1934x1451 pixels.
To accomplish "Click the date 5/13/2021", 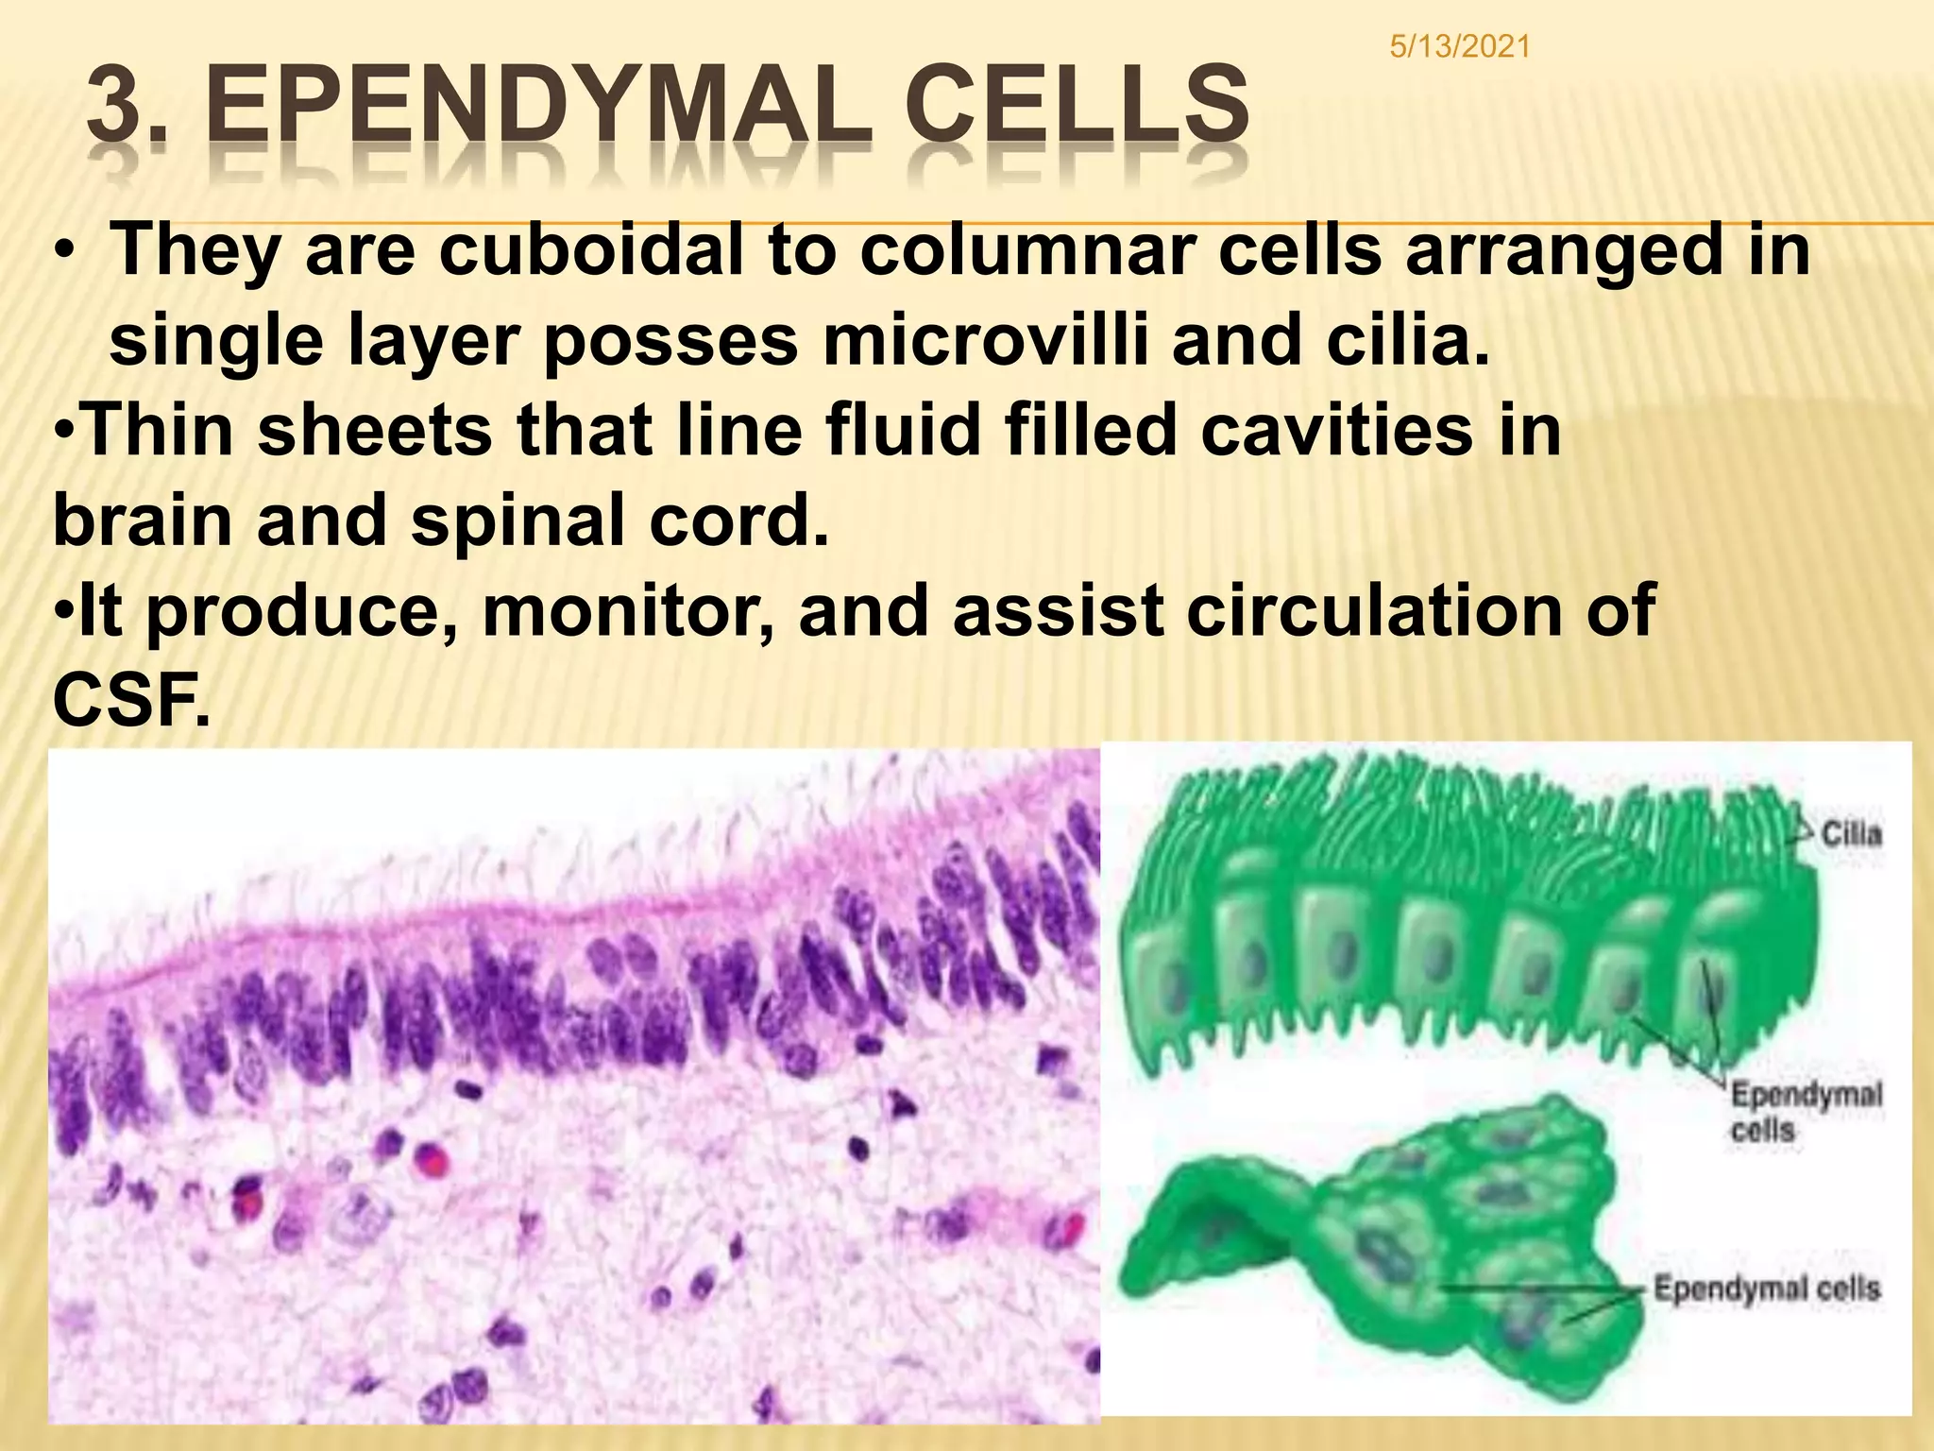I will pyautogui.click(x=1460, y=46).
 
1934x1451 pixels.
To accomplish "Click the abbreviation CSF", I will pyautogui.click(x=131, y=700).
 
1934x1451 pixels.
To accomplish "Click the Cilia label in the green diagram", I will pyautogui.click(x=1851, y=834).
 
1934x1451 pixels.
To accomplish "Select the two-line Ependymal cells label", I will pyautogui.click(x=1805, y=1112).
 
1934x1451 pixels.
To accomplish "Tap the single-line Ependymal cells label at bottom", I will pyautogui.click(x=1766, y=1289).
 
